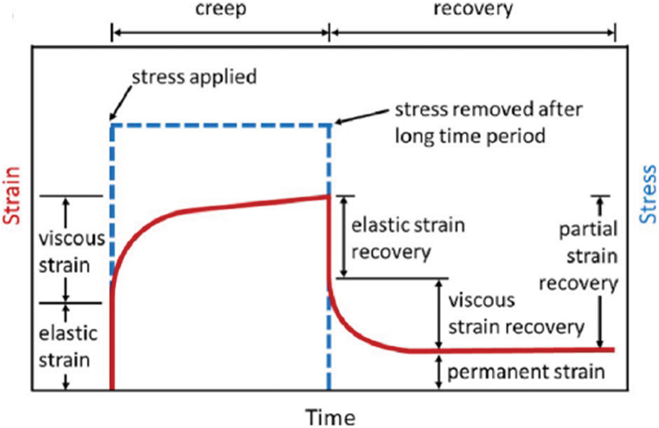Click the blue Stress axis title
pyautogui.click(x=648, y=196)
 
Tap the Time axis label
pyautogui.click(x=329, y=417)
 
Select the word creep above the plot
pyautogui.click(x=221, y=10)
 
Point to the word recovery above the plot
pyautogui.click(x=473, y=10)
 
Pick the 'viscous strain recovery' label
pyautogui.click(x=515, y=313)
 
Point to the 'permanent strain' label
pyautogui.click(x=526, y=372)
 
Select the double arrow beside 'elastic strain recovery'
pyautogui.click(x=343, y=236)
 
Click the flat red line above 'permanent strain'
pyautogui.click(x=514, y=350)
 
